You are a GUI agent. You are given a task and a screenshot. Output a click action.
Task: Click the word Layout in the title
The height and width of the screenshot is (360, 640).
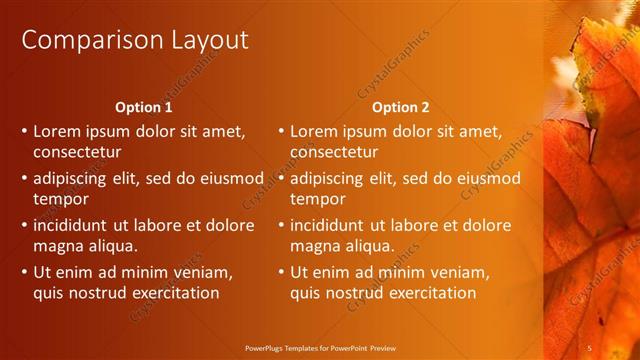(205, 40)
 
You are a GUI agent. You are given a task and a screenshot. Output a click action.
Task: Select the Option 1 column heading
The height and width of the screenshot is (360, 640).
(144, 107)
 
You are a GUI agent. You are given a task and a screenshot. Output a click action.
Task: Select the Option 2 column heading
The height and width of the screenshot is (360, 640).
(401, 107)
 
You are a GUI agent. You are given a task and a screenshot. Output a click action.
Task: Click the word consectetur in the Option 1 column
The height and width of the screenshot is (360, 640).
(77, 153)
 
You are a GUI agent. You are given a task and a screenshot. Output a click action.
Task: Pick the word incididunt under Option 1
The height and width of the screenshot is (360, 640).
(73, 225)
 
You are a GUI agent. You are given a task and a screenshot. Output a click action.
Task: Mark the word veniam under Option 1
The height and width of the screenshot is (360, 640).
(204, 272)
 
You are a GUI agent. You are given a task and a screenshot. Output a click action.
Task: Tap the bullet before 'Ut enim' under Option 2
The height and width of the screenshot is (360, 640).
(282, 272)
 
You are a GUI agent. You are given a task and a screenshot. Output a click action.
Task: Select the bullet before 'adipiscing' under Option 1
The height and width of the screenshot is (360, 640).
(25, 178)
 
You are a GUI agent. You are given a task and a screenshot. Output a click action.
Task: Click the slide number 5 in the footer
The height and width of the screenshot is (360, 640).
(591, 347)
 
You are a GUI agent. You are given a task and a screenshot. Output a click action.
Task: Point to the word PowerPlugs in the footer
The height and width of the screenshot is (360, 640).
(269, 347)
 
